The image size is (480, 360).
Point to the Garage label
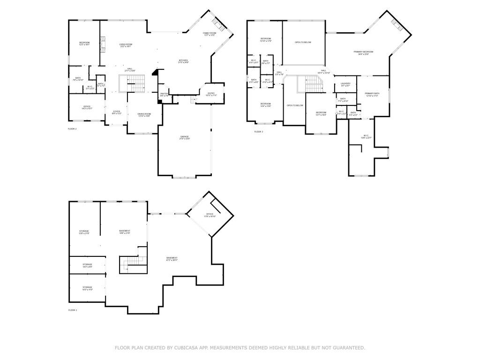point(184,137)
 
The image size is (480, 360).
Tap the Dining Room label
point(144,115)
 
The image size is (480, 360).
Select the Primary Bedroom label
point(363,52)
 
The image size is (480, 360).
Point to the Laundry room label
point(345,85)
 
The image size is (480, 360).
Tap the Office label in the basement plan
point(210,215)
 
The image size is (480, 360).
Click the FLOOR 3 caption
point(259,132)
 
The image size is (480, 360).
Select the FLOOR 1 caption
point(73,310)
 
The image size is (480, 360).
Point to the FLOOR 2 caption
point(72,128)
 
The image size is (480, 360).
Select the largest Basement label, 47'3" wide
point(172,259)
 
